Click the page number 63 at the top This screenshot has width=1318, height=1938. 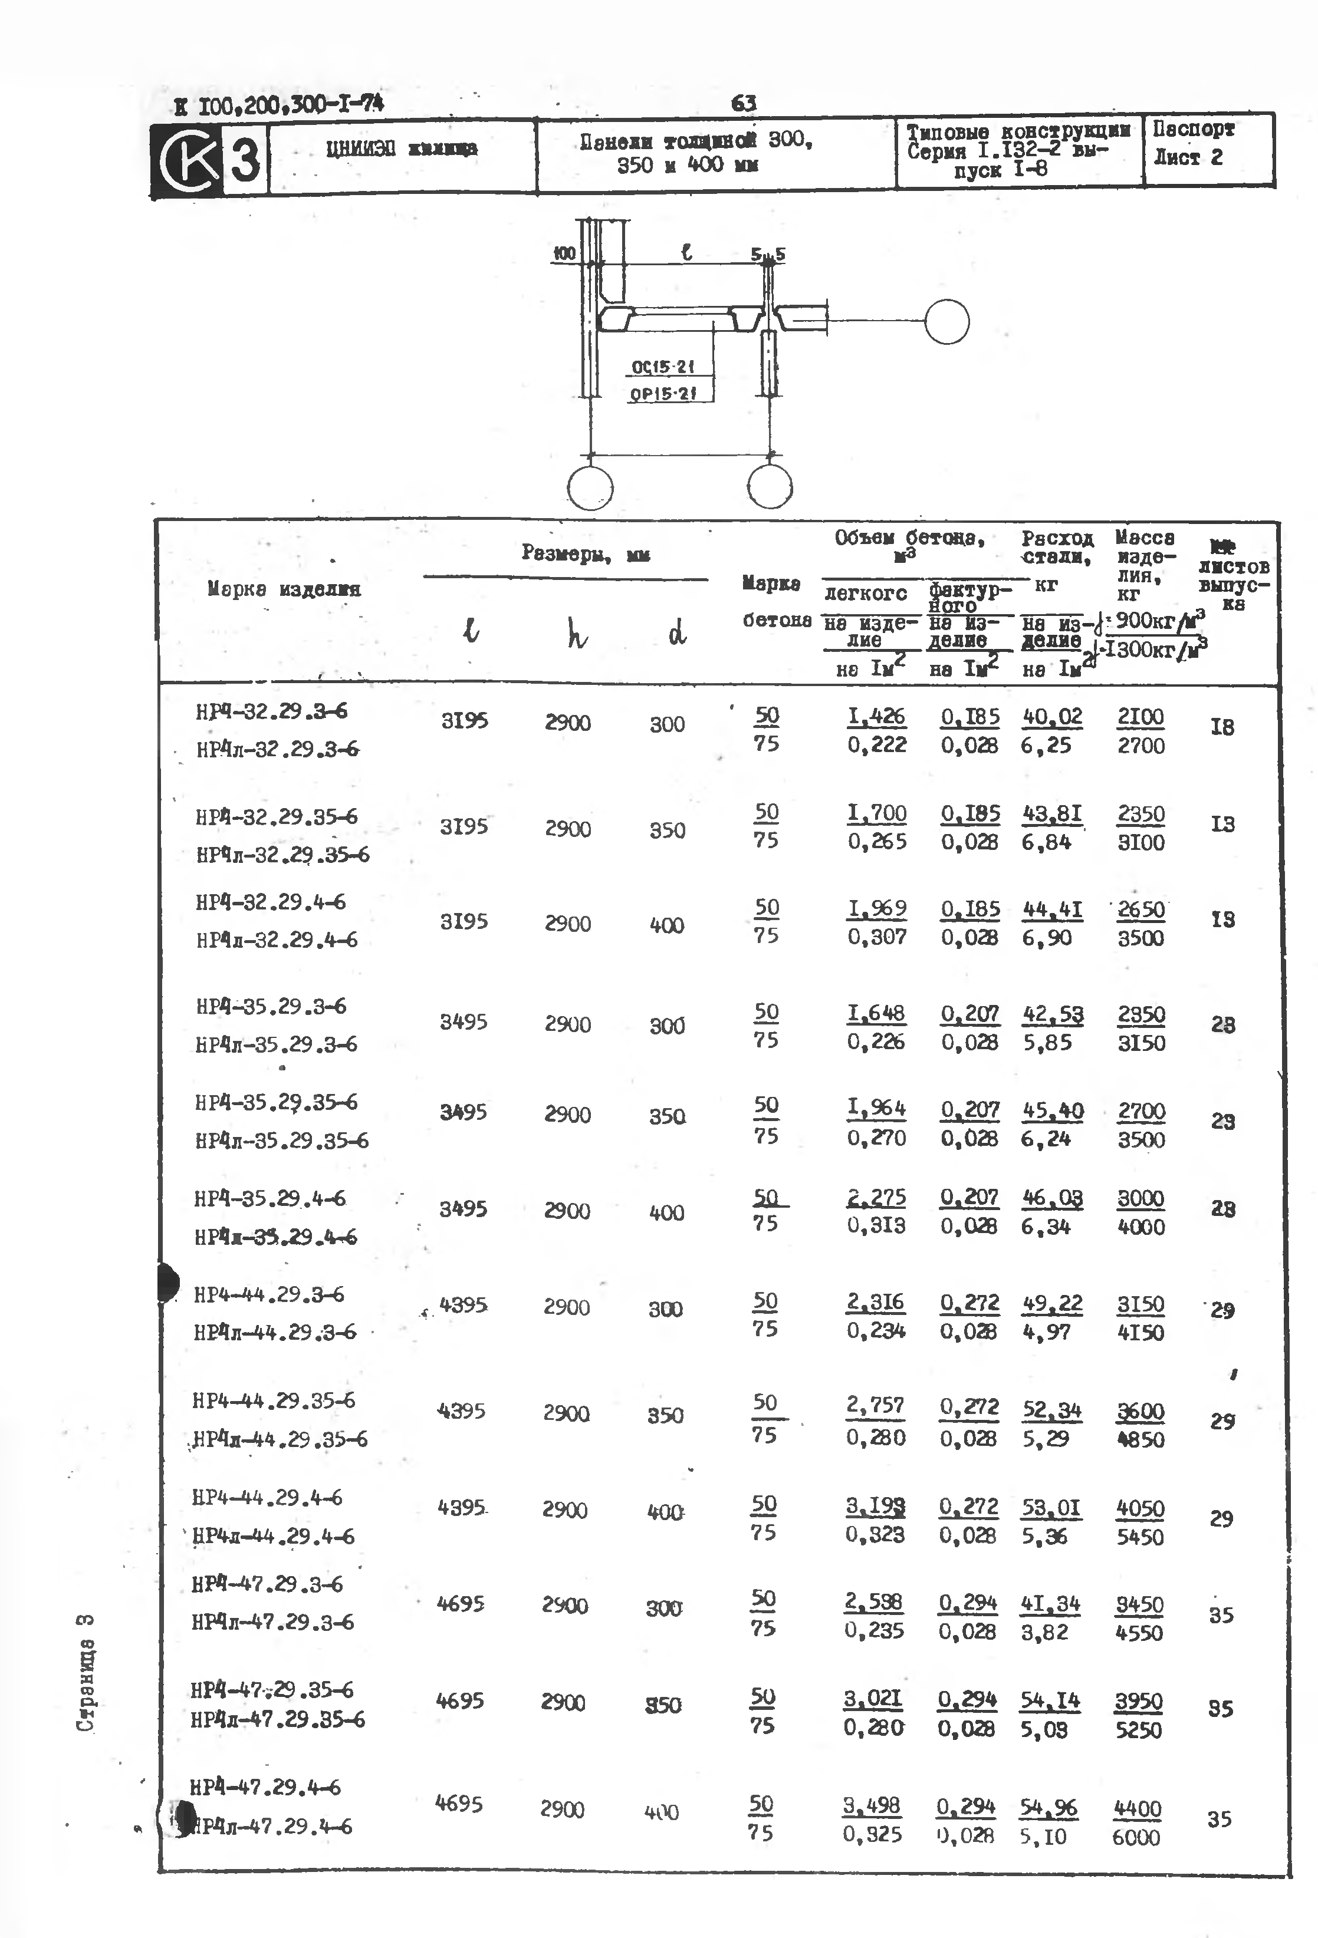[x=743, y=103]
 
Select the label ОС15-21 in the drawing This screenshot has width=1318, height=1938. [x=662, y=367]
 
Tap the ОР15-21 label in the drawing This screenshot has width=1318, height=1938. [x=662, y=394]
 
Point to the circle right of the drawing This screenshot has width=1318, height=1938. [x=947, y=322]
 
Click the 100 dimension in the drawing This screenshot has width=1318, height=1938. [x=565, y=253]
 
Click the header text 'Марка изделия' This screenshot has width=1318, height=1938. [x=284, y=589]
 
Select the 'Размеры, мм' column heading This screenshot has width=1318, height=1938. [x=585, y=553]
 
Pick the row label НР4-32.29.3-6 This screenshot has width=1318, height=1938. [x=271, y=712]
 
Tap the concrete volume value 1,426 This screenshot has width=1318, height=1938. [x=876, y=716]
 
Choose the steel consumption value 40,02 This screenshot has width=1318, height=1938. [x=1052, y=716]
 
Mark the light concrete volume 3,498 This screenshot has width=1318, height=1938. [x=871, y=1805]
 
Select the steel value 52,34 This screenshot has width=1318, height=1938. [x=1052, y=1410]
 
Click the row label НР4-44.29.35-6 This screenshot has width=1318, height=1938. [x=274, y=1401]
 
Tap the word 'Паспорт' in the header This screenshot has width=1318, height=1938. [x=1193, y=129]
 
